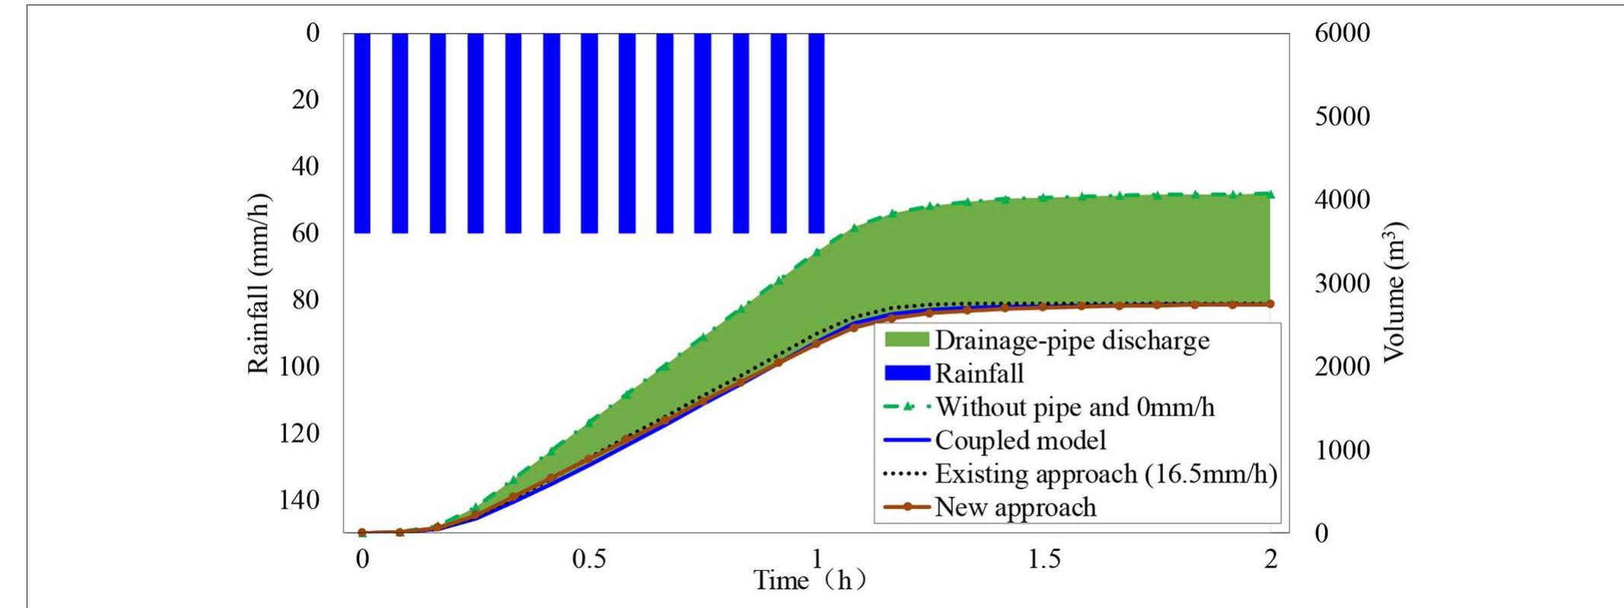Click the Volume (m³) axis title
(x=1394, y=293)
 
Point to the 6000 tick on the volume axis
(x=1342, y=33)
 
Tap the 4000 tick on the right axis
(x=1342, y=199)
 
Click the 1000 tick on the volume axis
(x=1342, y=450)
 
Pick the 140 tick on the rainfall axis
(x=305, y=500)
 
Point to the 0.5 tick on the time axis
(x=589, y=560)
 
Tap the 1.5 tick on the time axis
(x=1044, y=560)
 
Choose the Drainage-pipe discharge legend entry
(x=1071, y=340)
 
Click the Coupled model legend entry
(x=1019, y=441)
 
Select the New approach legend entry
(x=1015, y=508)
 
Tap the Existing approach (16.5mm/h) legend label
(x=1104, y=474)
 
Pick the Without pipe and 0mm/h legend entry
(x=1074, y=407)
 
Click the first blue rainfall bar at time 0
(x=362, y=133)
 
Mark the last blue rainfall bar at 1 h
(x=816, y=133)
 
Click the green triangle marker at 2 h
(x=1270, y=194)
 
